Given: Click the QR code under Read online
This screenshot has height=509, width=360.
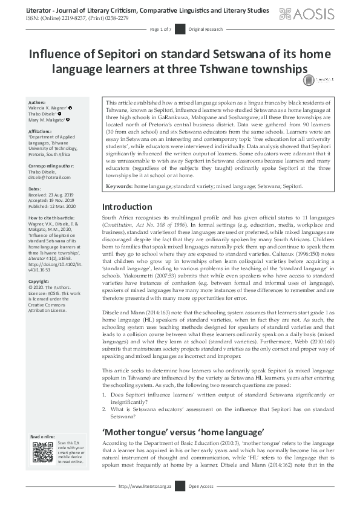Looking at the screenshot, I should [43, 453].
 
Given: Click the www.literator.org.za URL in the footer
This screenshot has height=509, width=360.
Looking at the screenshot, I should [145, 486].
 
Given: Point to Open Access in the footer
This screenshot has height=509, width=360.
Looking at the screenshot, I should [201, 486].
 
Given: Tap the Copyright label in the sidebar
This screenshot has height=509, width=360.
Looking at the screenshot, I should [39, 281].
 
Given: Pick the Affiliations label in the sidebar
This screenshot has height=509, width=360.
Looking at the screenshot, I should [41, 130].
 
